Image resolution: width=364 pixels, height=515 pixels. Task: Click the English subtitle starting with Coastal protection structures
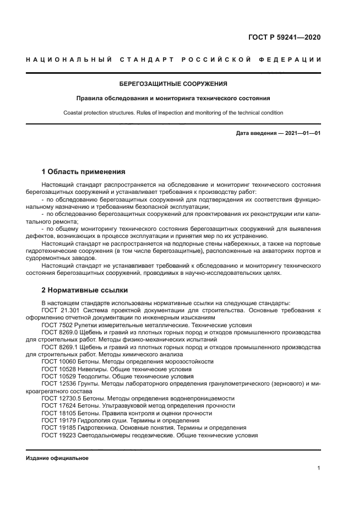click(x=173, y=113)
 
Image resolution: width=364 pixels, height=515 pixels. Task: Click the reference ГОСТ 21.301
click(x=61, y=311)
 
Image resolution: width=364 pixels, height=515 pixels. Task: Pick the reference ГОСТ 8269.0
click(x=61, y=333)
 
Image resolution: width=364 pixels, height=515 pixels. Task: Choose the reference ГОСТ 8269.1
click(x=61, y=348)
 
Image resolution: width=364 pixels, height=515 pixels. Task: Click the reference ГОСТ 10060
click(x=59, y=362)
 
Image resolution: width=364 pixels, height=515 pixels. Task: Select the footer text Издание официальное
click(x=57, y=458)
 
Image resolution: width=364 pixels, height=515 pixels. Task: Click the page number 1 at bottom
click(x=319, y=468)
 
